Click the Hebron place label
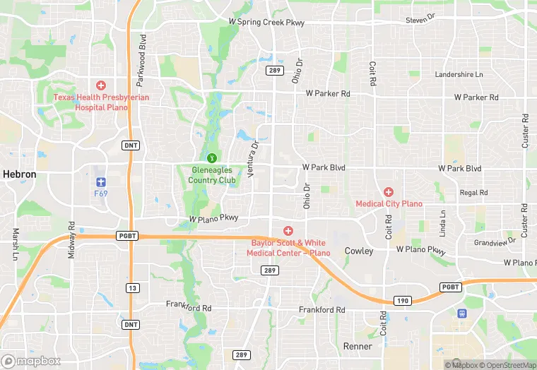click(19, 174)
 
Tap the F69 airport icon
click(100, 181)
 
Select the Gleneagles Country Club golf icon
click(211, 157)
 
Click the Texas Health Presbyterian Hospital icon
click(101, 85)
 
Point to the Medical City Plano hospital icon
click(388, 192)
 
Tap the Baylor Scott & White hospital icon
click(288, 231)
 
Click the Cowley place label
click(358, 251)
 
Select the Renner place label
click(357, 346)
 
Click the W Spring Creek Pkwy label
click(266, 23)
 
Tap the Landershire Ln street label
click(459, 74)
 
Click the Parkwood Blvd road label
click(143, 52)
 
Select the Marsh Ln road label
click(16, 243)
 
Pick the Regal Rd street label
click(473, 192)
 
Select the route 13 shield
click(131, 287)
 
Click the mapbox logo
click(32, 361)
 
